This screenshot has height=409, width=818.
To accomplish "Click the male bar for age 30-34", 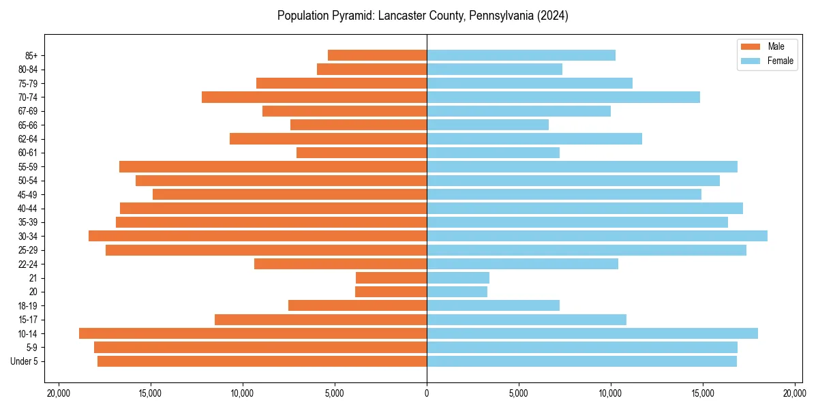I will click(258, 236).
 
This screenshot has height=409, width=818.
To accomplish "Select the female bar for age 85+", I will click(521, 55).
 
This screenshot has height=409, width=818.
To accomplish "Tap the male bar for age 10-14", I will click(253, 333).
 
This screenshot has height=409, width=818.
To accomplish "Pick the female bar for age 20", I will click(457, 292).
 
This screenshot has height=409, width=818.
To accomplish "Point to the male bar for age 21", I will click(391, 277).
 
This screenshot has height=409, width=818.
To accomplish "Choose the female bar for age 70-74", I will click(563, 97).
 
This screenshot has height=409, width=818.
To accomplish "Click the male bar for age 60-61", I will click(361, 153).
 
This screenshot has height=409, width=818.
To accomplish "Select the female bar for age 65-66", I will click(487, 125).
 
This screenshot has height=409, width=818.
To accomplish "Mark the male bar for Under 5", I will click(262, 361).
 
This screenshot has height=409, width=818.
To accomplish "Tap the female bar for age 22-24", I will click(522, 264).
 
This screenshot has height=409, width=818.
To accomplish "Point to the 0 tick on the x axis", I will click(427, 393).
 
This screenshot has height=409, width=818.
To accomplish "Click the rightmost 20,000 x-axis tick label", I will click(795, 393).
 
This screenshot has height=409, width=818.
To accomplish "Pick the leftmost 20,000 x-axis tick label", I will click(59, 393).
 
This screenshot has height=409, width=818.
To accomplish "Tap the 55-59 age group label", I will click(27, 166).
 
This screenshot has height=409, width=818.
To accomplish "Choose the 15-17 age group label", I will click(27, 320).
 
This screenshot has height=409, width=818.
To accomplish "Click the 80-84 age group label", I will click(27, 70).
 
